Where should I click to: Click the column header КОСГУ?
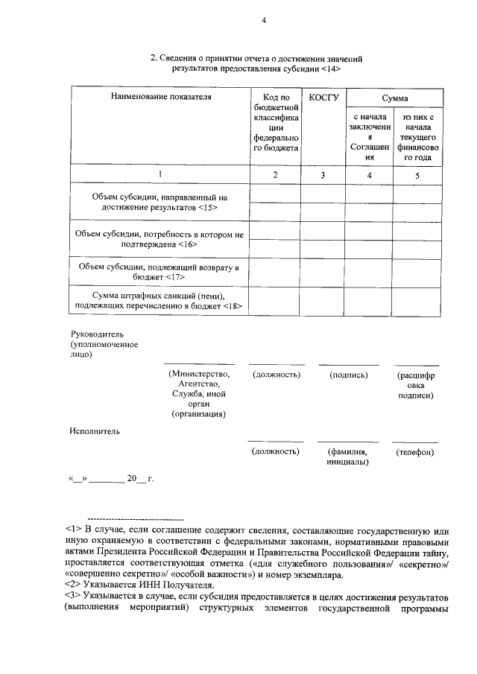click(323, 97)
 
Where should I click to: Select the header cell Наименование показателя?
click(159, 97)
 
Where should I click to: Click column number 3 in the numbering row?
click(323, 175)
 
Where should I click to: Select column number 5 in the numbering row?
click(417, 175)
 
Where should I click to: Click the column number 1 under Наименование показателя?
click(159, 175)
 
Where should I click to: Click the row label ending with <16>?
click(159, 239)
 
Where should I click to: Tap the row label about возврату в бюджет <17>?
click(159, 272)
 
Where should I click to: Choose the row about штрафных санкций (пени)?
click(159, 301)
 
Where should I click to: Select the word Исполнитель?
click(95, 430)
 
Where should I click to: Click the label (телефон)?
click(415, 452)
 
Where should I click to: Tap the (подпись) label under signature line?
click(349, 375)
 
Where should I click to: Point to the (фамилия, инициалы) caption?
click(347, 457)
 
